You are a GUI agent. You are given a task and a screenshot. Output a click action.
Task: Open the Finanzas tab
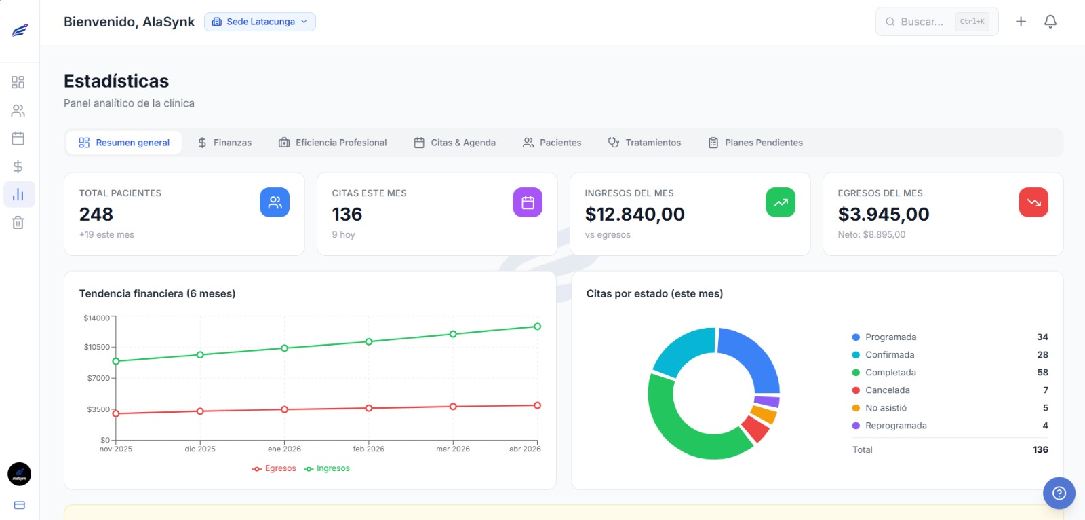tap(224, 143)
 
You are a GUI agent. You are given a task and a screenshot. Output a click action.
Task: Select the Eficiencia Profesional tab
tap(332, 143)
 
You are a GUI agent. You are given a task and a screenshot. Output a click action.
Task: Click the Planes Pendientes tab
tap(755, 143)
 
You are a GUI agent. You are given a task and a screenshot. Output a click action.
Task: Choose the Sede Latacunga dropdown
tap(260, 22)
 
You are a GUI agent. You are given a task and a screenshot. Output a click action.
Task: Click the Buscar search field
tap(922, 22)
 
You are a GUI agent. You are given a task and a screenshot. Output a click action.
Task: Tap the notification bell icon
tap(1050, 22)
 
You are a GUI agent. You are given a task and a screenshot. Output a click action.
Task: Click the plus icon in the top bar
tap(1021, 22)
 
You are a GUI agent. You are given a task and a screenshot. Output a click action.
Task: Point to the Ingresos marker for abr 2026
tap(537, 327)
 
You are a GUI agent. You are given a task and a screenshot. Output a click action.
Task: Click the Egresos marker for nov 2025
tap(116, 413)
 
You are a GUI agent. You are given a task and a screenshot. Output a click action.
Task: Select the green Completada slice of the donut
tap(685, 434)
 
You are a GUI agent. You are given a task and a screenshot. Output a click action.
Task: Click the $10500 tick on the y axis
tap(97, 347)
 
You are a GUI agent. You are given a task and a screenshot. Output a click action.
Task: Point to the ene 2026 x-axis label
tap(284, 449)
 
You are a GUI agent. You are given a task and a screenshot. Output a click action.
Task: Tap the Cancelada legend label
tap(887, 390)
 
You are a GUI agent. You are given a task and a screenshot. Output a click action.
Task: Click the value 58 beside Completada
tap(1042, 373)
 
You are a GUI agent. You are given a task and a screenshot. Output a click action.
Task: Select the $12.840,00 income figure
tap(635, 215)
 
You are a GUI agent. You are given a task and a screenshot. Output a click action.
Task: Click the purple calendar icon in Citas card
tap(528, 202)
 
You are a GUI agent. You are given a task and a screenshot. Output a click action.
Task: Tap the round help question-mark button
tap(1059, 494)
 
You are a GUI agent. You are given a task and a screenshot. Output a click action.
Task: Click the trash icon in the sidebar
tap(18, 223)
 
